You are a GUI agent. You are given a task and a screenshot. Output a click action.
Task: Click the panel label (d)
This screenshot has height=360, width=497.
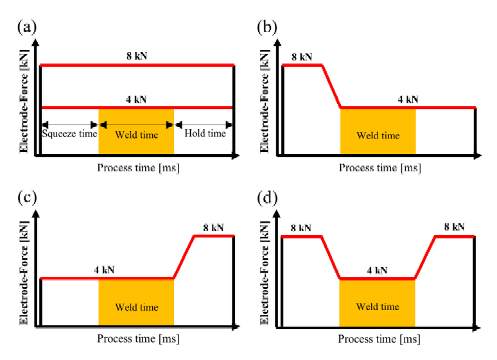click(267, 198)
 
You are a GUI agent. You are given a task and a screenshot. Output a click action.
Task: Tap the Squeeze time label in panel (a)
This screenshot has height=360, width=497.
click(69, 134)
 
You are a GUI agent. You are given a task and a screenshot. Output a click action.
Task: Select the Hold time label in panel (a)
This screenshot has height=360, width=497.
click(205, 133)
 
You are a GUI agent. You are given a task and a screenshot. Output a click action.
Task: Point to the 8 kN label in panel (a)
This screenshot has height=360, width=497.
click(136, 56)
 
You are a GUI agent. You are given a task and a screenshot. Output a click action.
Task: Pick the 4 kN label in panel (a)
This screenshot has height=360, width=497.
click(136, 99)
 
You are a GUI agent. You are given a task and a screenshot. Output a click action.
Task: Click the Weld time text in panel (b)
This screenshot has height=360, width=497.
click(378, 135)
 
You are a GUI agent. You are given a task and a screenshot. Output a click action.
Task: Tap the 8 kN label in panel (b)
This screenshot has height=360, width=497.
click(302, 56)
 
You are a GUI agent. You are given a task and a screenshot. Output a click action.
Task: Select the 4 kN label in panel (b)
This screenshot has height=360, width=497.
click(408, 99)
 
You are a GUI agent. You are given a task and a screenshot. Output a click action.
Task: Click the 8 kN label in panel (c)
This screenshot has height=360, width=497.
click(213, 227)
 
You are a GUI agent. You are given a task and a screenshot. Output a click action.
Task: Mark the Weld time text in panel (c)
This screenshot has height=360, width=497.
click(136, 307)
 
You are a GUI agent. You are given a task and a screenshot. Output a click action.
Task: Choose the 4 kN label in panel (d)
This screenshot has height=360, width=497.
click(378, 270)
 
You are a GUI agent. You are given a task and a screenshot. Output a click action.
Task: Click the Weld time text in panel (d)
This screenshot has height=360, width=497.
click(378, 307)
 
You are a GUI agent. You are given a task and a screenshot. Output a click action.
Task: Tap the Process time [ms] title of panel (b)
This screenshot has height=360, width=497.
click(379, 168)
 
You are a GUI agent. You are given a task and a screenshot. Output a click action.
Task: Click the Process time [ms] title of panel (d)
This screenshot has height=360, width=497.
click(379, 339)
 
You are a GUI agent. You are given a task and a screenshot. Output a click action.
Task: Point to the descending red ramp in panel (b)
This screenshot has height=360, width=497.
click(331, 86)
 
